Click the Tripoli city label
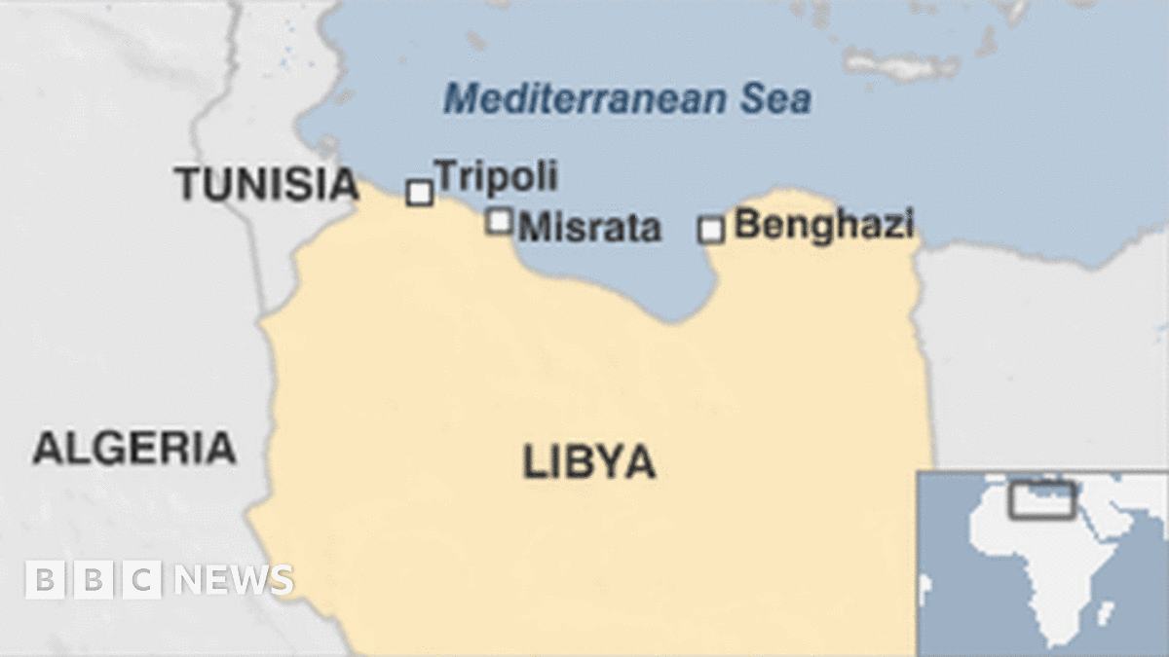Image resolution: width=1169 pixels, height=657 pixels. coord(496,177)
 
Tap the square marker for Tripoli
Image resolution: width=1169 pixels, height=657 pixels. coord(420,193)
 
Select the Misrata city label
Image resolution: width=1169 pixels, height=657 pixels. coord(589,229)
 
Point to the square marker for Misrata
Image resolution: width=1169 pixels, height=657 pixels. coord(500,222)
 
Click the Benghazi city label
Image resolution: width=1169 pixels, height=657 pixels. coord(823,224)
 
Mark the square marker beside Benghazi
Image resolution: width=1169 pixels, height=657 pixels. coord(712,230)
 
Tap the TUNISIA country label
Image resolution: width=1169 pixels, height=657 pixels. coord(267,184)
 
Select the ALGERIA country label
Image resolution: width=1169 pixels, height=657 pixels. coord(134,448)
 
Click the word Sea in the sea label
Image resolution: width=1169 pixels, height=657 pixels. coord(778,99)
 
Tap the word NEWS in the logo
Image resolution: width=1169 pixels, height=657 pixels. coord(234,580)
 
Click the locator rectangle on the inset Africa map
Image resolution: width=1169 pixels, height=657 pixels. coord(1041,499)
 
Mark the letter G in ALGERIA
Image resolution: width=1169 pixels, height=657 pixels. coord(108,448)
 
